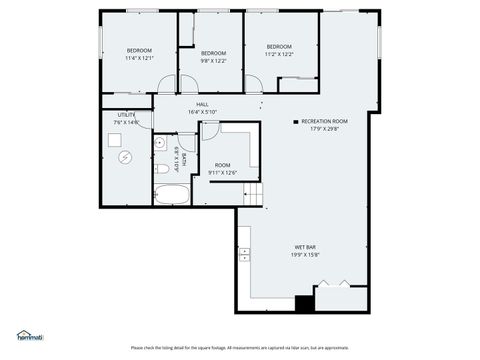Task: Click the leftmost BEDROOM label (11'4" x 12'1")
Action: [x=138, y=55]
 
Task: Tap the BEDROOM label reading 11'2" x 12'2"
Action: [x=279, y=50]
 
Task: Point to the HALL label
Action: [x=202, y=108]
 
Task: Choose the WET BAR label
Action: [x=305, y=251]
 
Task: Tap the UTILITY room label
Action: [x=126, y=118]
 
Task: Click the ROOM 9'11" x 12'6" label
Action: [x=222, y=169]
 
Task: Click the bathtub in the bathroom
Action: [x=173, y=194]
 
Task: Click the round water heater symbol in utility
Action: [x=125, y=156]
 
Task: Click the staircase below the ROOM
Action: [x=257, y=194]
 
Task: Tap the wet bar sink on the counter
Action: [x=243, y=256]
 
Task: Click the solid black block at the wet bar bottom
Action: [x=304, y=303]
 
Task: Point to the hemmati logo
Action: [x=30, y=334]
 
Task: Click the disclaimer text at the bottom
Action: [x=240, y=348]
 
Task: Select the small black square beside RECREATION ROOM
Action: [x=295, y=121]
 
